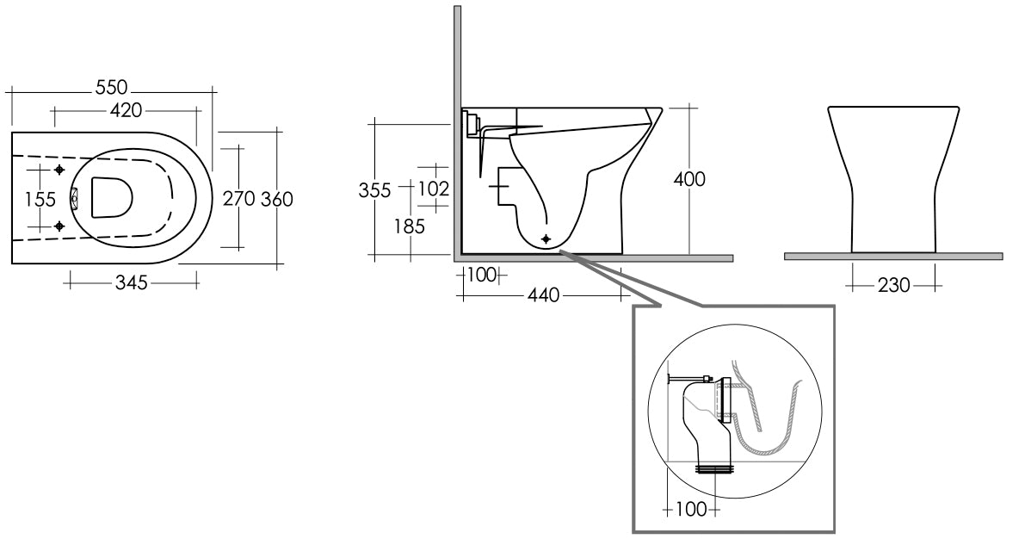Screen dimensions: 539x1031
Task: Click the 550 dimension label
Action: tap(113, 88)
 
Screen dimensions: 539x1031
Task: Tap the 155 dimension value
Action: tap(40, 200)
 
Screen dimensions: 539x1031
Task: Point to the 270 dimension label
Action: tap(238, 199)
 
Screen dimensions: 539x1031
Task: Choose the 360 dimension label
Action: tap(276, 199)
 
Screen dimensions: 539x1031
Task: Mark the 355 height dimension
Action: tap(375, 189)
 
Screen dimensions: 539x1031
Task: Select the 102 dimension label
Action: tap(433, 187)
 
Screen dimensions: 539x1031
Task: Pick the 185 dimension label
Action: tap(409, 227)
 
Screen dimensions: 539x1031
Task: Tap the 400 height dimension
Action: tap(689, 180)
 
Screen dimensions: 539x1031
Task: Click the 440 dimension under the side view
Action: tap(543, 295)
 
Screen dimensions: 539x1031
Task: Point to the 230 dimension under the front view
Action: tap(894, 285)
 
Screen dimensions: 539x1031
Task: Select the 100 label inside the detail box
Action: tap(691, 510)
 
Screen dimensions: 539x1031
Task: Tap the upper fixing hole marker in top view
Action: tap(59, 170)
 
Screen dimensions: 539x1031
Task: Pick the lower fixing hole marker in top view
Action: tap(59, 226)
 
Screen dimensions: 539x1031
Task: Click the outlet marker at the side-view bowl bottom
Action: tap(546, 238)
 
